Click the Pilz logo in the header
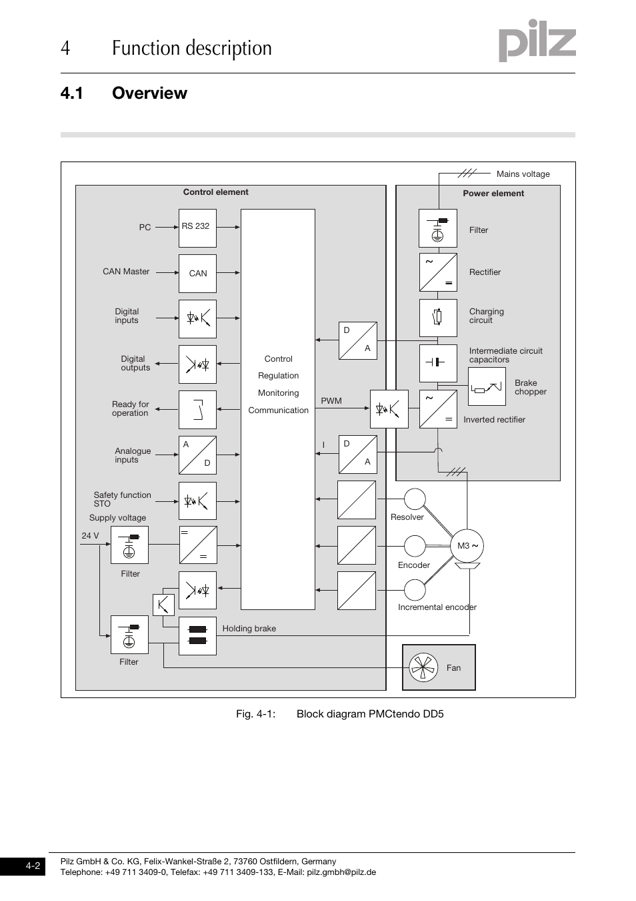pos(537,41)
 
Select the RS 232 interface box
pos(197,228)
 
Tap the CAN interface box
pos(197,273)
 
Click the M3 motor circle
pos(467,546)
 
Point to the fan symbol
pos(423,667)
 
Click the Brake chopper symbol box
pos(487,386)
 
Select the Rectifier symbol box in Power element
pos(438,272)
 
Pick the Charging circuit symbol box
pos(438,317)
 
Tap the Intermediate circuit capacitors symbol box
pos(438,362)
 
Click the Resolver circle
pos(415,499)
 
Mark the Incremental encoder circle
pos(415,590)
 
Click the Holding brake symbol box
pos(197,635)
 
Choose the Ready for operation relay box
pos(197,409)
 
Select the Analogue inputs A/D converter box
pos(197,455)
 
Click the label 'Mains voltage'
pos(523,174)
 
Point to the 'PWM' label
pos(331,401)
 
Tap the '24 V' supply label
pos(90,536)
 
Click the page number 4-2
pos(33,866)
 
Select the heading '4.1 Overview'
pos(124,93)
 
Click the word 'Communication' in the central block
pos(278,410)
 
